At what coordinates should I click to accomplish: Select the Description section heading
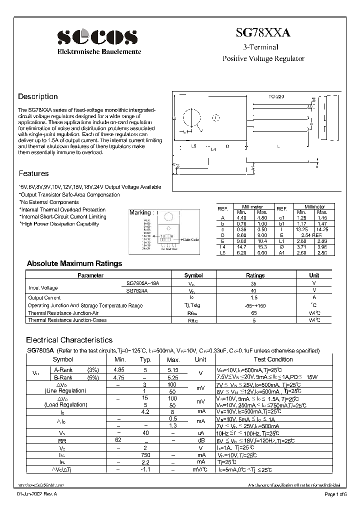(38, 96)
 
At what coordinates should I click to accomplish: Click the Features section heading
(33, 173)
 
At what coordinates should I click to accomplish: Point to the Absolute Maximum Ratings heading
(74, 263)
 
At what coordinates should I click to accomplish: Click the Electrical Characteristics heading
(69, 340)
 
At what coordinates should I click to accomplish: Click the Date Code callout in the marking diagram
(189, 239)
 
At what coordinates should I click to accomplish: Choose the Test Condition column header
(273, 359)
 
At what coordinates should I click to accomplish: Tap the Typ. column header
(145, 359)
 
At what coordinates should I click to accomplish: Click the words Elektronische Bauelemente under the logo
(99, 52)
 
